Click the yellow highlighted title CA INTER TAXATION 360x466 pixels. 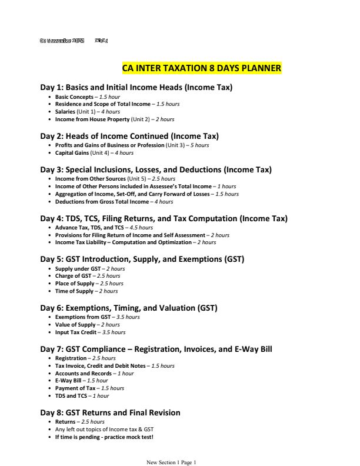pos(201,68)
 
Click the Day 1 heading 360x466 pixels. pos(136,88)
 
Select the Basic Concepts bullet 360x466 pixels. pos(88,96)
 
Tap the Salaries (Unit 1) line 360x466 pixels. pos(88,111)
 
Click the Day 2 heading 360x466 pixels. pos(129,136)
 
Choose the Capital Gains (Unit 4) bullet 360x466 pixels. pos(94,153)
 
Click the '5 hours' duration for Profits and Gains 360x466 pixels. pos(198,145)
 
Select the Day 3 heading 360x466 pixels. pos(156,170)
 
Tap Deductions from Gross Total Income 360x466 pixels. pos(102,201)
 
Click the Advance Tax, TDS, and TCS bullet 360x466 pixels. pos(104,227)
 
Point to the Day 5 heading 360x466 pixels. pos(142,259)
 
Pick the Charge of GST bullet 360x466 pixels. pos(88,276)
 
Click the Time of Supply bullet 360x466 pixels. pos(86,291)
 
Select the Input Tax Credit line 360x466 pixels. pos(90,332)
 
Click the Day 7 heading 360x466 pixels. pos(156,349)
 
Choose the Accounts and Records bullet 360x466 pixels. pos(94,373)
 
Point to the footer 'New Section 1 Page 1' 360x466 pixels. pos(171,462)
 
